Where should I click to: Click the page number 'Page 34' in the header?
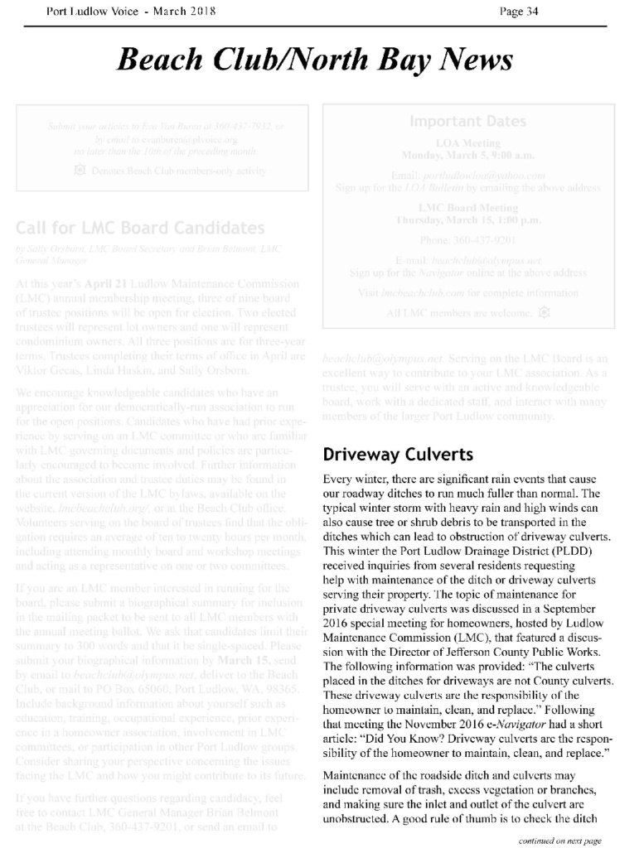(519, 11)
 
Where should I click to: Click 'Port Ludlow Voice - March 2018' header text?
(131, 11)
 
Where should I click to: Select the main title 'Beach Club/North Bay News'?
(315, 60)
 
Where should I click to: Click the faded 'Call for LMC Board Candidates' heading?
(140, 228)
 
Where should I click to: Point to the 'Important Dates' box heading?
(467, 122)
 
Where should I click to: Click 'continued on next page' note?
(559, 841)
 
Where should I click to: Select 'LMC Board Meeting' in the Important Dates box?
(468, 207)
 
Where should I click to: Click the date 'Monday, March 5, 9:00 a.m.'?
(467, 155)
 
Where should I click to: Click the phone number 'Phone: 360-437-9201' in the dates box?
(467, 240)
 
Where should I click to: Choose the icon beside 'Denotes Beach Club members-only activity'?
(80, 171)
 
